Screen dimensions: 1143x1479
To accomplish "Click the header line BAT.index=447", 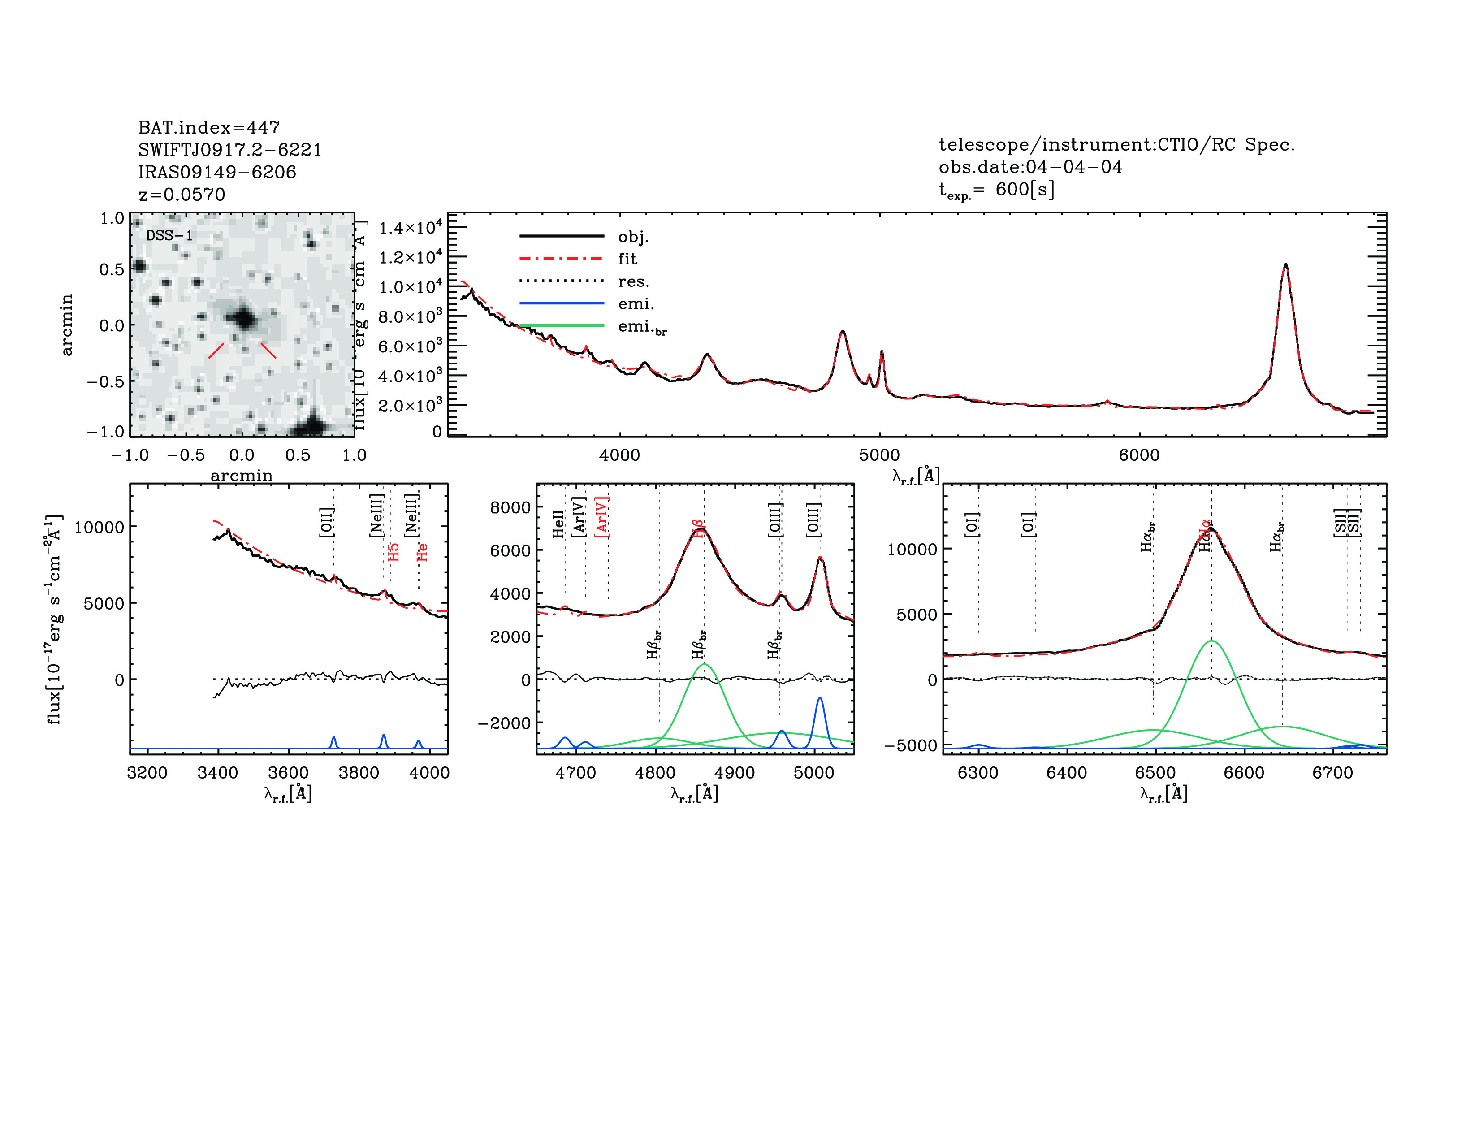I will click(208, 127).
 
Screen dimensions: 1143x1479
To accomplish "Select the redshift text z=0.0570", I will click(182, 195).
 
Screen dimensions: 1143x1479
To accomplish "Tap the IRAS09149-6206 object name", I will click(217, 172).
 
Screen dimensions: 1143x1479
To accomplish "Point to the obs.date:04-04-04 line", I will click(1029, 167).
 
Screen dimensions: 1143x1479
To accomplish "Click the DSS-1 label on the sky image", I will click(169, 236).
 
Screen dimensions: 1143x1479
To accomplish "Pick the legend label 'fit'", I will click(627, 259).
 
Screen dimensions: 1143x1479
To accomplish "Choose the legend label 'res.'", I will click(632, 281).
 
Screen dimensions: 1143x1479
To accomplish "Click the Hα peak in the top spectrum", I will click(1284, 265).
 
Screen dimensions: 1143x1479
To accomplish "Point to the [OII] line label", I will click(326, 522).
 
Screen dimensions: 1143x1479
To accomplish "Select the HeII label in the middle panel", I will click(558, 524).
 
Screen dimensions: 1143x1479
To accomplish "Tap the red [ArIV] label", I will click(601, 517).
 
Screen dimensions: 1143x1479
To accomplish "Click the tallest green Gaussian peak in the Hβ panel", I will click(704, 665).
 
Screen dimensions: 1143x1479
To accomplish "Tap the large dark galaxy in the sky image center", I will click(242, 318).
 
